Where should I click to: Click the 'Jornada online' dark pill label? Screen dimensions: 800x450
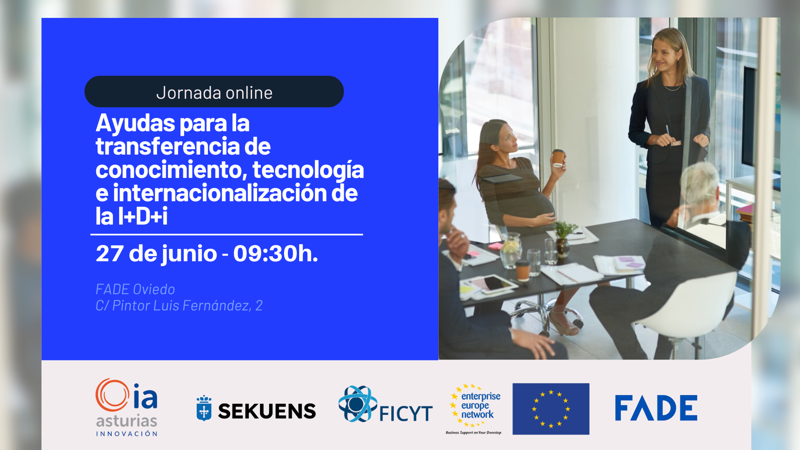[214, 92]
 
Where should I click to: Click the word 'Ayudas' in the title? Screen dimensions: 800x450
[135, 123]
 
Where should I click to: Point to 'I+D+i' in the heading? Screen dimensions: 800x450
[142, 216]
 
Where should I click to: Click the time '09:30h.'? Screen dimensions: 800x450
[275, 253]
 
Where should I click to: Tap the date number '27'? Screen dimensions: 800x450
[110, 253]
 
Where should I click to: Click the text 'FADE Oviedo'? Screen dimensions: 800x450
[135, 289]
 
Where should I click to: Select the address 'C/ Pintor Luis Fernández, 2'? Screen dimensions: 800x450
[179, 306]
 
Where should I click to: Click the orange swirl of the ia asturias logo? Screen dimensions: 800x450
[112, 395]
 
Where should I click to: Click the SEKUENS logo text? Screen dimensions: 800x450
[267, 411]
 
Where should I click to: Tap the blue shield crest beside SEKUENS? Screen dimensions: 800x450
[204, 408]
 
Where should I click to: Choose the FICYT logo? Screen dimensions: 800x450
[385, 404]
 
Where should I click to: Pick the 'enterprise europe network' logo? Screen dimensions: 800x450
[475, 408]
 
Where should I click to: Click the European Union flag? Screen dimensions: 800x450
[551, 409]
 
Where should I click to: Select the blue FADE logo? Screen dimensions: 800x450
[656, 408]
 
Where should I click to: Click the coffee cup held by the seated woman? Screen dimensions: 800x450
[558, 158]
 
